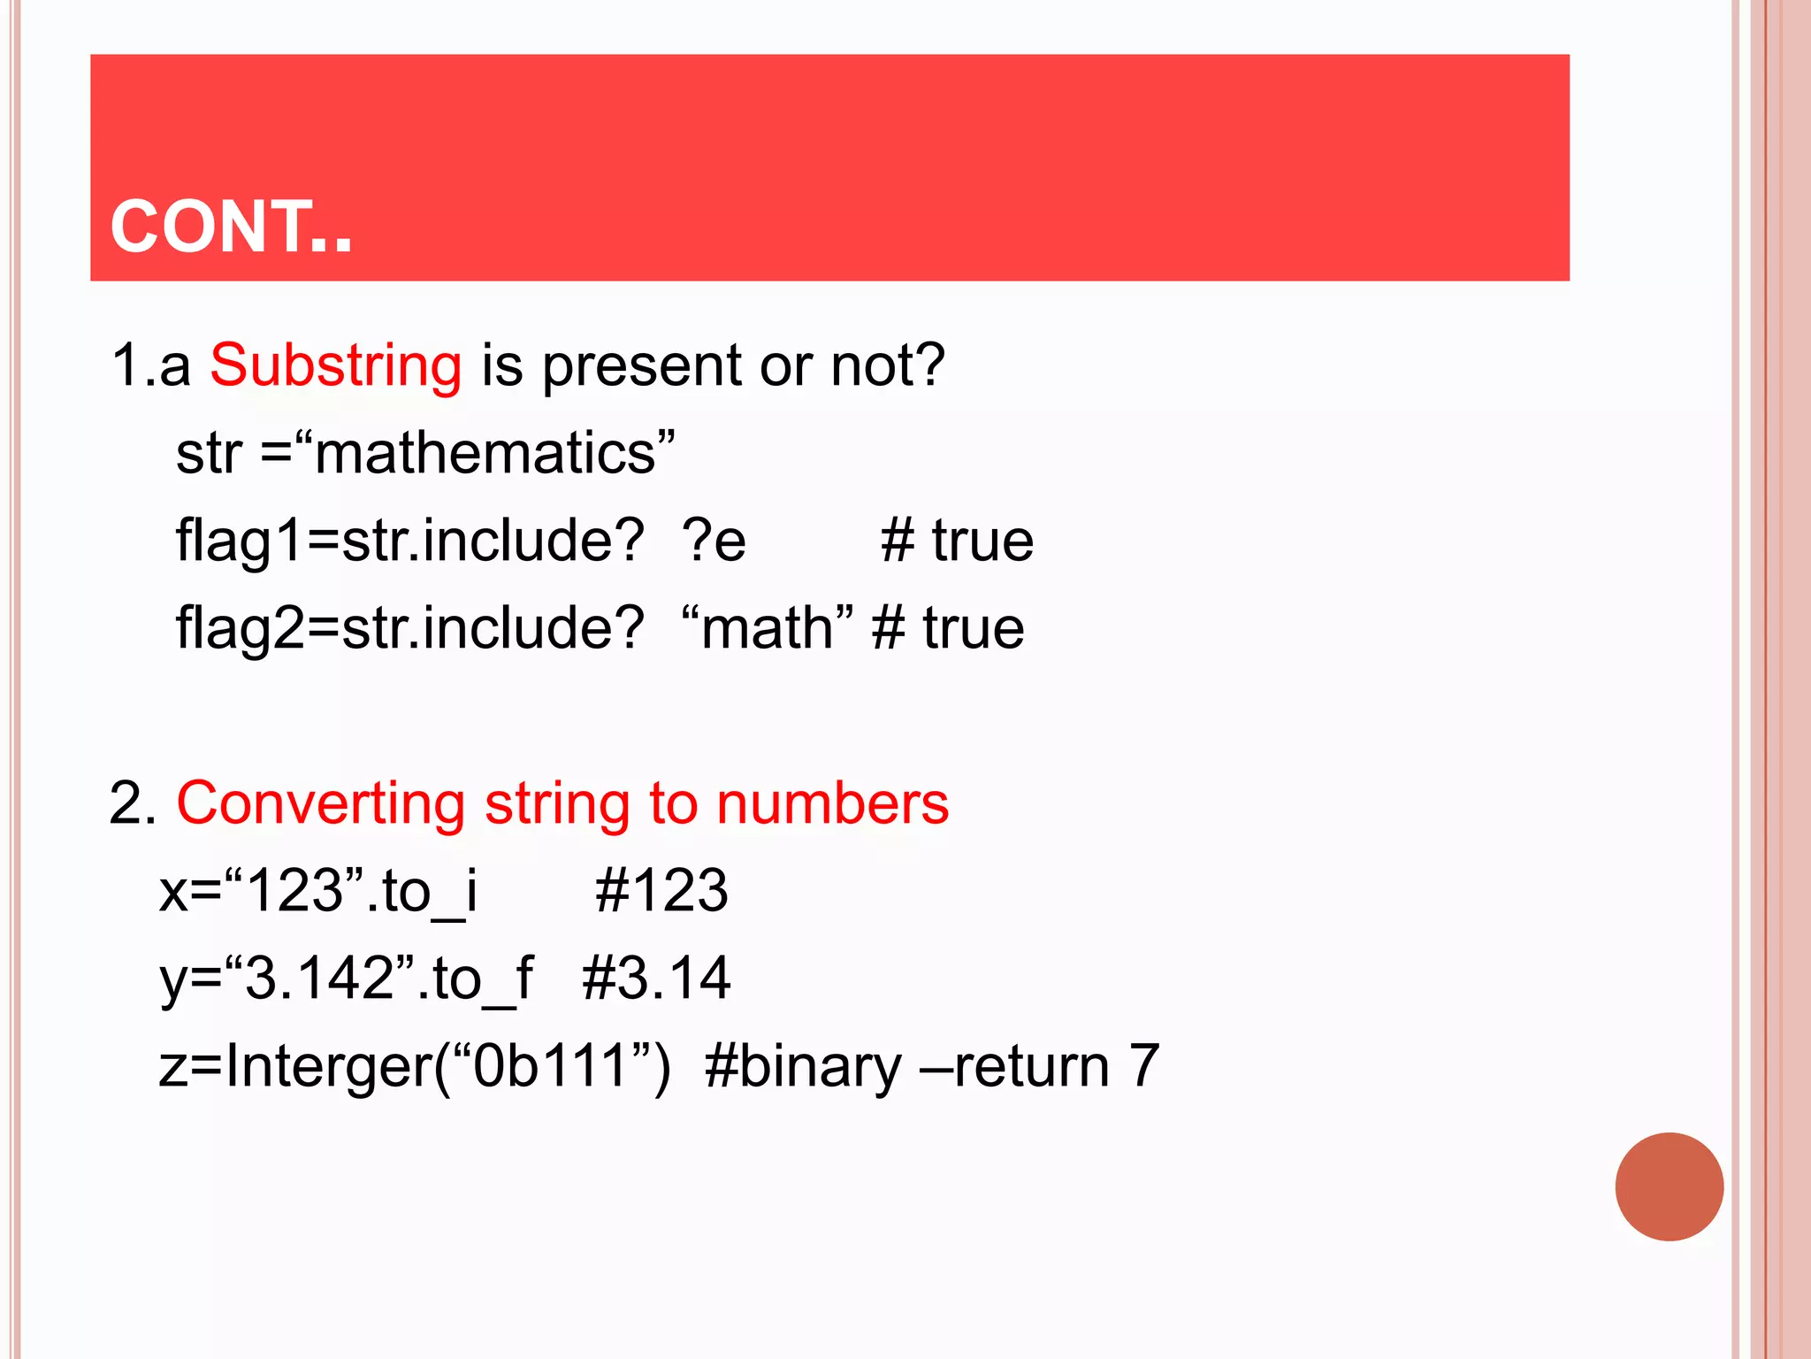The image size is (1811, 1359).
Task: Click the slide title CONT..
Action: [x=231, y=227]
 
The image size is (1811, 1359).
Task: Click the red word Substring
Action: [x=336, y=365]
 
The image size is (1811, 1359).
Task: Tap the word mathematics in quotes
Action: [x=485, y=454]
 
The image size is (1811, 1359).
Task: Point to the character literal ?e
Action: [x=714, y=541]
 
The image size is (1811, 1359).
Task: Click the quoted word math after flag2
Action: [x=767, y=628]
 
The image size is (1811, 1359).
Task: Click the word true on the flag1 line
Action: [x=982, y=541]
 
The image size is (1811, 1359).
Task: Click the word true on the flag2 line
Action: [x=974, y=628]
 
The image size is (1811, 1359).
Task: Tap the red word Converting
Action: [x=320, y=803]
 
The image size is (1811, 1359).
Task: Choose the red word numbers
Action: [x=832, y=803]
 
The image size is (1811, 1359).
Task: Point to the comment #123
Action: [x=661, y=891]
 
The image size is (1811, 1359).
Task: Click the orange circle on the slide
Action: [x=1669, y=1186]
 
